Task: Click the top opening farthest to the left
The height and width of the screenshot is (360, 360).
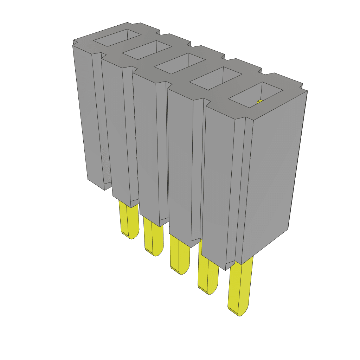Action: click(117, 38)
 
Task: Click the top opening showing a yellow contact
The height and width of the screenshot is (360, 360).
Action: click(255, 95)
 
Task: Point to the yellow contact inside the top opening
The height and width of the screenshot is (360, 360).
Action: click(260, 102)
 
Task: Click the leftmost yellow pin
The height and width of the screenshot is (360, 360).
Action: click(128, 220)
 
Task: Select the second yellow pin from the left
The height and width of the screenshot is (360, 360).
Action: click(154, 236)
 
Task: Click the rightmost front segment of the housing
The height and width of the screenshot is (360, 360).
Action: click(220, 183)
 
